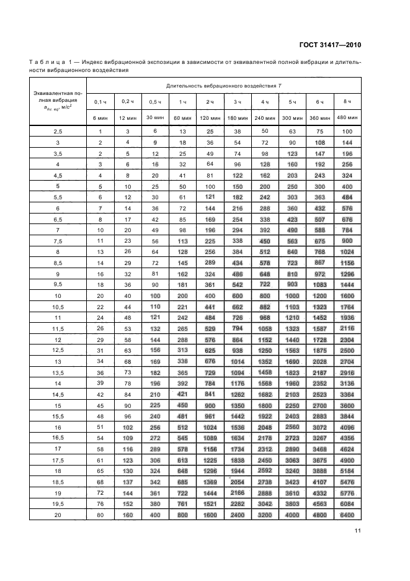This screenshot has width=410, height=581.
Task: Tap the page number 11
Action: tap(358, 529)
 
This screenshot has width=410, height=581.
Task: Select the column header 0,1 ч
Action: tap(100, 102)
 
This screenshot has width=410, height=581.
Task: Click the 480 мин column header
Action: tap(347, 117)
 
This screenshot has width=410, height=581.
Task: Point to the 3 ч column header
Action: tap(238, 102)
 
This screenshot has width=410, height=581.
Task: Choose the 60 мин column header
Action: tap(182, 117)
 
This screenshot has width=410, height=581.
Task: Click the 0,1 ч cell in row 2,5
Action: tap(100, 132)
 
